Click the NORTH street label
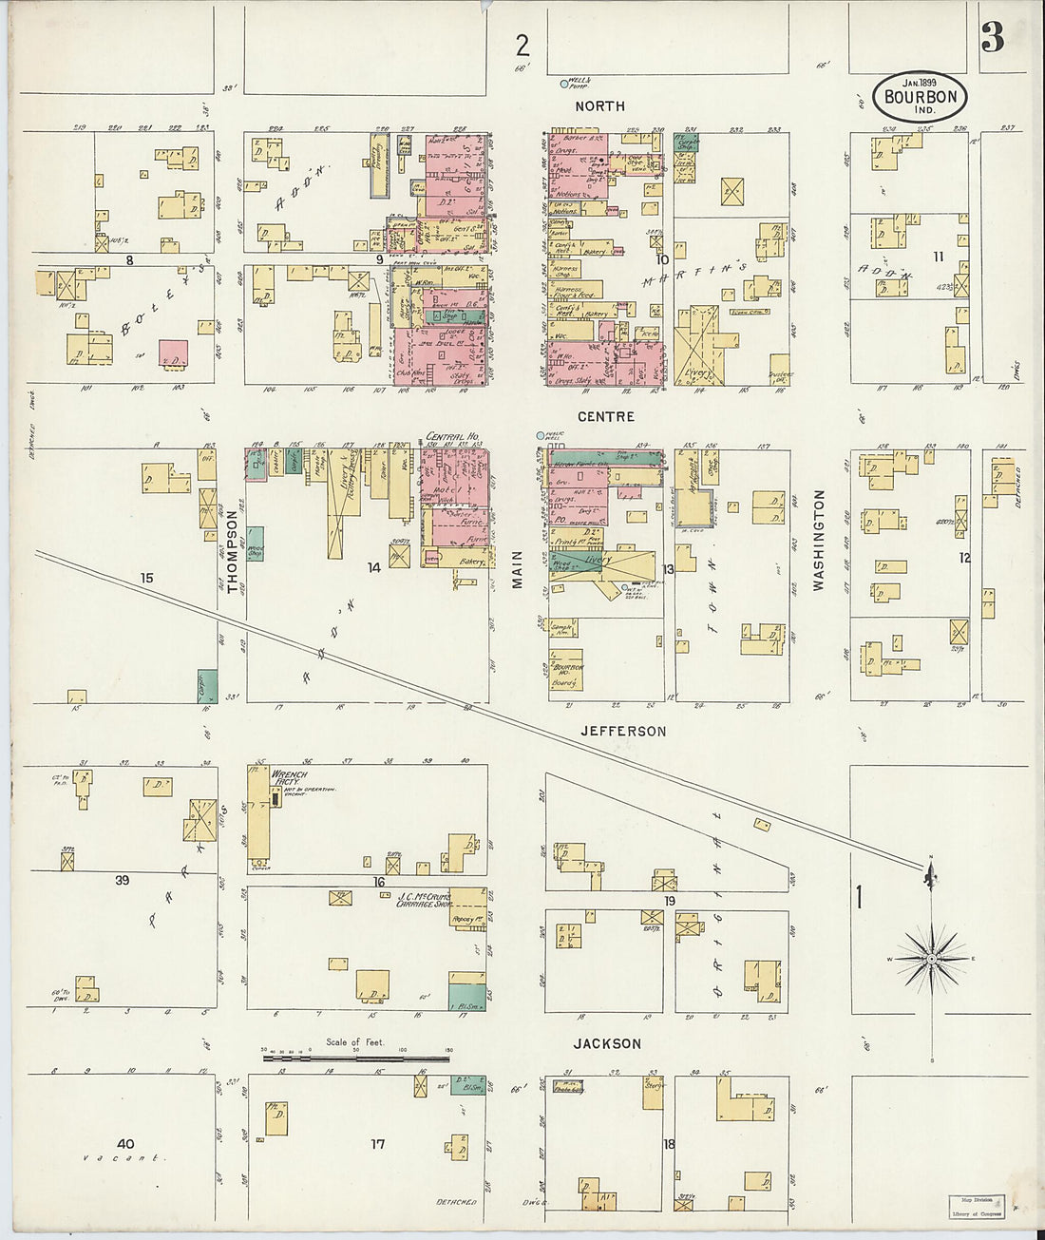coord(599,106)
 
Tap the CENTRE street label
coord(605,416)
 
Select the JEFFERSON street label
coord(623,731)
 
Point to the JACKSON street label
coord(607,1043)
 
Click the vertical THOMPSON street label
coord(232,552)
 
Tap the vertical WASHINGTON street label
coord(818,541)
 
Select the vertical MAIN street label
coord(518,569)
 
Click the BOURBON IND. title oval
coord(920,97)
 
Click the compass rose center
coord(932,961)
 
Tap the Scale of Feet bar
coord(356,1057)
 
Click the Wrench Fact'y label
coord(290,778)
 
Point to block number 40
coord(125,1144)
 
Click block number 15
coord(146,578)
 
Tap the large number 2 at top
coord(522,45)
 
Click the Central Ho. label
coord(451,436)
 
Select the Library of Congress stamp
coord(976,1207)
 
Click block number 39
coord(123,881)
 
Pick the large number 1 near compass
coord(860,897)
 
